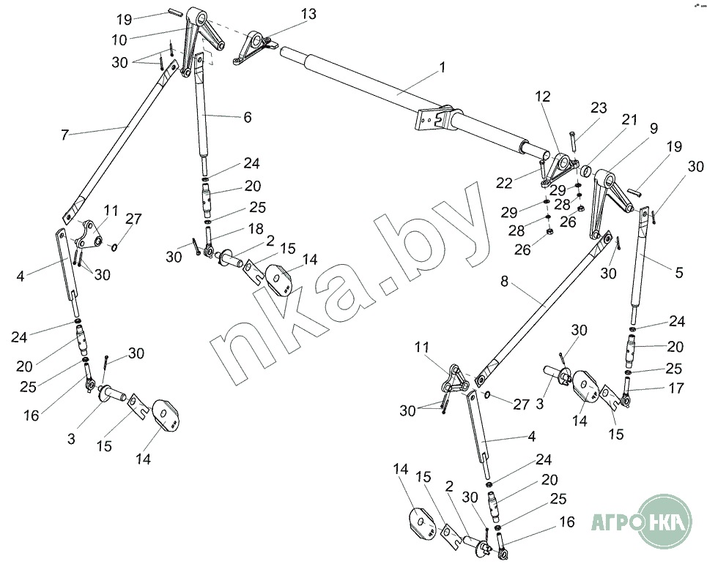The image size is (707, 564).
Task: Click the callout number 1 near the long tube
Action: click(x=442, y=67)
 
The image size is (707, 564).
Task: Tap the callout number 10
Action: click(x=119, y=39)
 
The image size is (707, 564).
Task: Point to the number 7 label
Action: click(x=65, y=134)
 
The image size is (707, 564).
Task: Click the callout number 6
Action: click(x=248, y=117)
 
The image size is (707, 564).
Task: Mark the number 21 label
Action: click(x=630, y=119)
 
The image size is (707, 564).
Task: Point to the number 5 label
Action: click(x=679, y=273)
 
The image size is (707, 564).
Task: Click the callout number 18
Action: click(x=255, y=229)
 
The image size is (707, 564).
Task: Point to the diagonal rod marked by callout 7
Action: click(x=117, y=140)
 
